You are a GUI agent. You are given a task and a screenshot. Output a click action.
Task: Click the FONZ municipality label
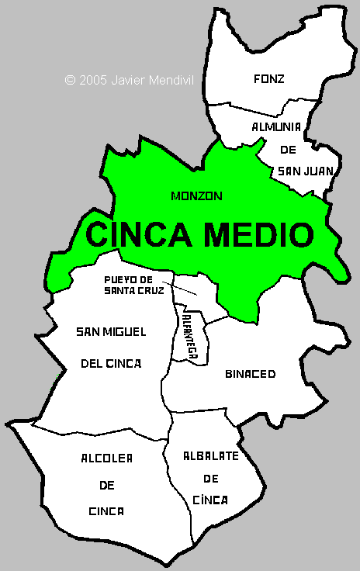269,78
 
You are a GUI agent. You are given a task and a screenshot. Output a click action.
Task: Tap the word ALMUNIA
275,126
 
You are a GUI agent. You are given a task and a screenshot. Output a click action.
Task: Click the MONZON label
196,196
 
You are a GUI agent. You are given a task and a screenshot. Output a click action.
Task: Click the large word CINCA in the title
135,234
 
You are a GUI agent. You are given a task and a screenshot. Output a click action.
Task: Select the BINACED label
250,374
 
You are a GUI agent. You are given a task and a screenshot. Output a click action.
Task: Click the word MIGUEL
127,332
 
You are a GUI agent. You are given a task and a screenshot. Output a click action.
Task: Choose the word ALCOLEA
107,459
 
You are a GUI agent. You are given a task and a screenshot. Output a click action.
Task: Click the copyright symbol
70,79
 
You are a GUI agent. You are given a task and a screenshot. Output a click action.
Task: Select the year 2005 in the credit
92,79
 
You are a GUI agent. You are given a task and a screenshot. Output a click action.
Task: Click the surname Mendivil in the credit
170,79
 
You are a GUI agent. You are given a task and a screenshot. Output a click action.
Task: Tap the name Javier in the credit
127,79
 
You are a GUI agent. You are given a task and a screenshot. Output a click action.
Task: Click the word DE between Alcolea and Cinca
107,485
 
